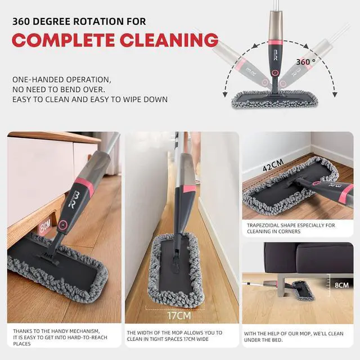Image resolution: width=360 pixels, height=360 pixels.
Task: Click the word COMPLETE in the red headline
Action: [x=61, y=40]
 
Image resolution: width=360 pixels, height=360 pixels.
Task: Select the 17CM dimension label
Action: [x=179, y=316]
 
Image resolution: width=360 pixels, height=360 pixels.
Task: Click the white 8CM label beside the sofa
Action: [x=341, y=285]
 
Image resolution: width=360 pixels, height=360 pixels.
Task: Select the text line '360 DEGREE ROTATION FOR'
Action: [x=79, y=21]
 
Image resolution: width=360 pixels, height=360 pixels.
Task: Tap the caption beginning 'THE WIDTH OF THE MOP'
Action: [x=179, y=336]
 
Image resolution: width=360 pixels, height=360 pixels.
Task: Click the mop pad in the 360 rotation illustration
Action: [x=276, y=100]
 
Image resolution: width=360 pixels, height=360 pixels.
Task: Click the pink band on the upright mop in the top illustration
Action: [x=275, y=43]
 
